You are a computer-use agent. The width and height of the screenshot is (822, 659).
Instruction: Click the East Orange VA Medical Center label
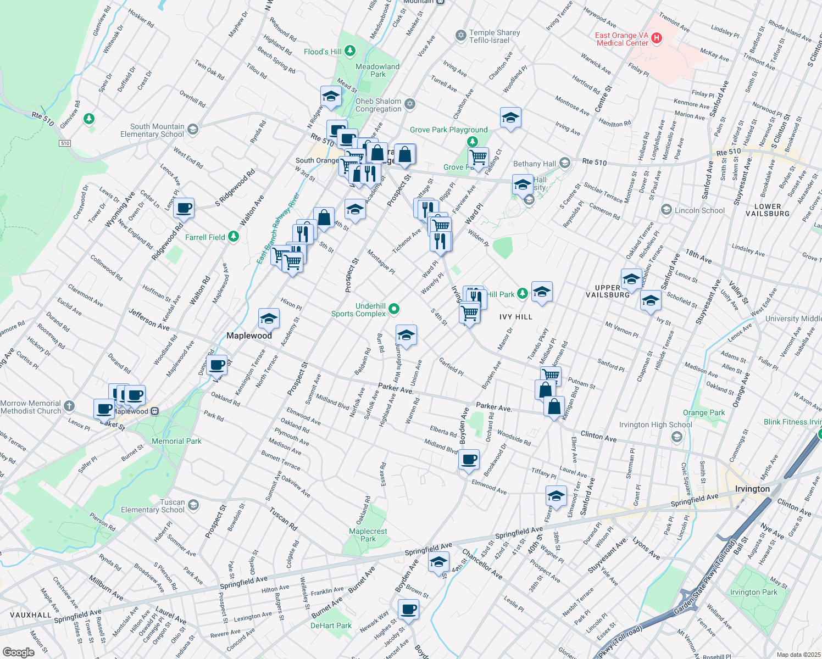(622, 39)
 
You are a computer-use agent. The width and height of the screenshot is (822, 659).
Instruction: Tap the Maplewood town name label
(249, 336)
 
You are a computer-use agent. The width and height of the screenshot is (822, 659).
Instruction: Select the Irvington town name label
(752, 489)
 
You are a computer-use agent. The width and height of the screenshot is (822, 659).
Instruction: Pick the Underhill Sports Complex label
(358, 310)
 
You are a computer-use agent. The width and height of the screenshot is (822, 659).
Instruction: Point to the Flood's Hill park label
(323, 52)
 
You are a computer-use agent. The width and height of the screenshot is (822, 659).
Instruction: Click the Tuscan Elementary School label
(153, 506)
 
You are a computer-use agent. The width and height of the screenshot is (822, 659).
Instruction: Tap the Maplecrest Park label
(368, 535)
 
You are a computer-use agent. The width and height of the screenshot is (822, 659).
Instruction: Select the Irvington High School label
(655, 425)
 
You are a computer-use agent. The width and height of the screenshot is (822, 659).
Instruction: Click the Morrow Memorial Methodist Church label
(31, 407)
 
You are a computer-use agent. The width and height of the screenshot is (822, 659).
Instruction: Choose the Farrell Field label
(205, 237)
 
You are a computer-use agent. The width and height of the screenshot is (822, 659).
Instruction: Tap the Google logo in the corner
(18, 652)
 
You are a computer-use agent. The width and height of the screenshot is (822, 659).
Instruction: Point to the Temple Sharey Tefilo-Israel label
(494, 36)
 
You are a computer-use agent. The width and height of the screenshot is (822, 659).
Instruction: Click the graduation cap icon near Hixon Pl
(269, 319)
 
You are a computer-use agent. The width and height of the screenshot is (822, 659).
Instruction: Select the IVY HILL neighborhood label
(515, 317)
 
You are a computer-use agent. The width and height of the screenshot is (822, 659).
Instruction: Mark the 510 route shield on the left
(65, 143)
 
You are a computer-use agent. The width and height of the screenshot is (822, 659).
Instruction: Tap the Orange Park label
(703, 412)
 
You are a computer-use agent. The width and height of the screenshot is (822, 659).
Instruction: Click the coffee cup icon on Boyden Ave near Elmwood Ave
(469, 460)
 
